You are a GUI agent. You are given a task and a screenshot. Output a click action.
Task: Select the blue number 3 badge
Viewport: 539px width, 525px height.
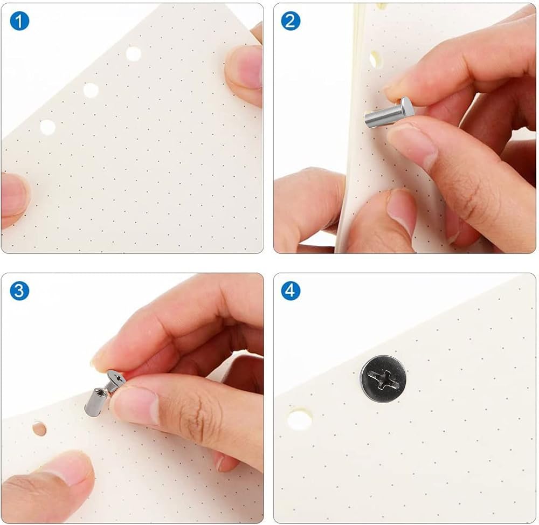pyautogui.click(x=19, y=291)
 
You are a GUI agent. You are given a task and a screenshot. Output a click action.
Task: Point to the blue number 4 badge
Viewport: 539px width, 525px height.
pyautogui.click(x=291, y=291)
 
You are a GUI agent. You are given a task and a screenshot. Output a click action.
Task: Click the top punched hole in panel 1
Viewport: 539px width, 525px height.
pyautogui.click(x=133, y=54)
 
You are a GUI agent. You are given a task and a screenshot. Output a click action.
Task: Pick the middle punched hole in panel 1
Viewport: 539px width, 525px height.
pyautogui.click(x=91, y=90)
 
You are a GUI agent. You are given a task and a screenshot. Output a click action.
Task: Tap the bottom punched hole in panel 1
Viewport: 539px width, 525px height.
pyautogui.click(x=47, y=127)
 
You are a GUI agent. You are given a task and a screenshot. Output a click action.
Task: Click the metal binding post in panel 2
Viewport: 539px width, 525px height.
pyautogui.click(x=389, y=113)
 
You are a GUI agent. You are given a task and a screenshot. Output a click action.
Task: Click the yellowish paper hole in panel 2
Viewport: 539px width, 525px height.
pyautogui.click(x=374, y=59)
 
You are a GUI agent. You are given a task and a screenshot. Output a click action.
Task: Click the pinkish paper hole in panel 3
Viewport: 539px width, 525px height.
pyautogui.click(x=39, y=429)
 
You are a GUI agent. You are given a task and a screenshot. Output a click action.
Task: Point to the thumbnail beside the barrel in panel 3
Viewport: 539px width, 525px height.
pyautogui.click(x=136, y=406)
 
